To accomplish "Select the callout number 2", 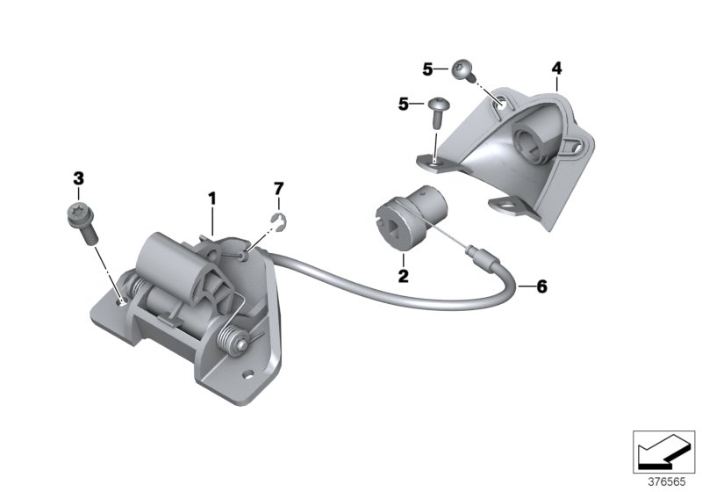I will tap(403, 276).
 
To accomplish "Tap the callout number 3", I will tap(78, 178).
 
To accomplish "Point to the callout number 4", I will tap(555, 67).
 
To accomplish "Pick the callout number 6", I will tap(541, 286).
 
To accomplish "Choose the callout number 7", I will tap(278, 188).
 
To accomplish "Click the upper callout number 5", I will tap(427, 68).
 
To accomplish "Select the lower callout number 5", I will tap(404, 104).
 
